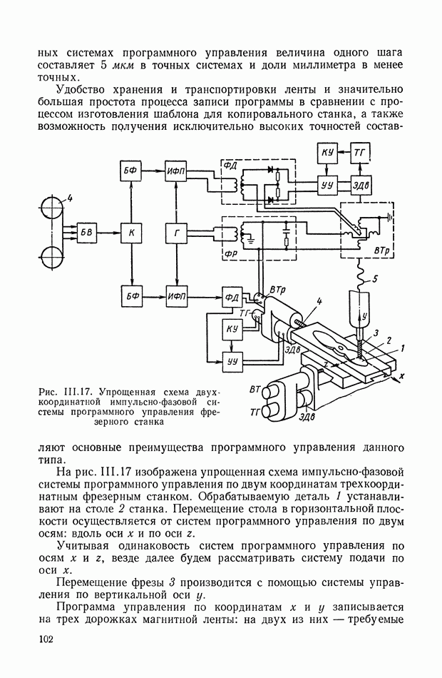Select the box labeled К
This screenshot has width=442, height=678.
[130, 233]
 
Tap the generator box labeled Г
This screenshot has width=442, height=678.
[175, 233]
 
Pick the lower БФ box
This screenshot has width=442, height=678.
[130, 295]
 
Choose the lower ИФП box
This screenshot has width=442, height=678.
[175, 295]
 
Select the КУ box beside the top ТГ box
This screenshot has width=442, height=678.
[329, 154]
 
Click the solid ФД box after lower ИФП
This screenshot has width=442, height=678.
[232, 295]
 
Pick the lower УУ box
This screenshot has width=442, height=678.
[232, 361]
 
